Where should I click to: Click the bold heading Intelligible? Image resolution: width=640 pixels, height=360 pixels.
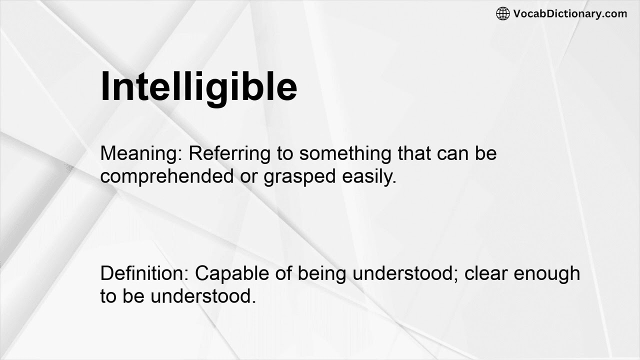[199, 86]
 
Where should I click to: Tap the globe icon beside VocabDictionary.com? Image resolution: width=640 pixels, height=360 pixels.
[502, 13]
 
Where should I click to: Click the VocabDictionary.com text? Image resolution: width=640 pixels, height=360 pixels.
[570, 13]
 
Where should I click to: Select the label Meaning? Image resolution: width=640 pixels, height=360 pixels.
[141, 153]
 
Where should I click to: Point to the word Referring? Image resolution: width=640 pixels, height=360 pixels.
[228, 153]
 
